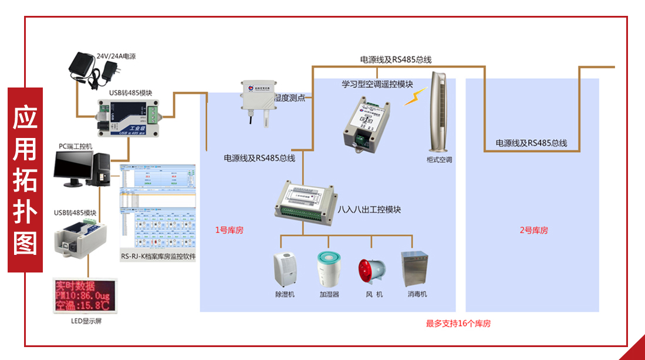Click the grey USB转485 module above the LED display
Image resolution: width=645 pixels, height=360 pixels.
click(80, 238)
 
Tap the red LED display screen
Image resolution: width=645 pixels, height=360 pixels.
click(83, 297)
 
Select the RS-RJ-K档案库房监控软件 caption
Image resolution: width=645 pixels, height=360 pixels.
click(158, 257)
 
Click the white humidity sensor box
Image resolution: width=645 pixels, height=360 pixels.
click(258, 96)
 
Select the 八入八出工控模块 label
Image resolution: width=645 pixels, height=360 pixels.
click(369, 210)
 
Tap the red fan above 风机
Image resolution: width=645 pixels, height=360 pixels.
click(371, 272)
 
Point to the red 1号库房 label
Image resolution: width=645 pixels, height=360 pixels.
click(229, 230)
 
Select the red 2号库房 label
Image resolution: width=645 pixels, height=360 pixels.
click(533, 230)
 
